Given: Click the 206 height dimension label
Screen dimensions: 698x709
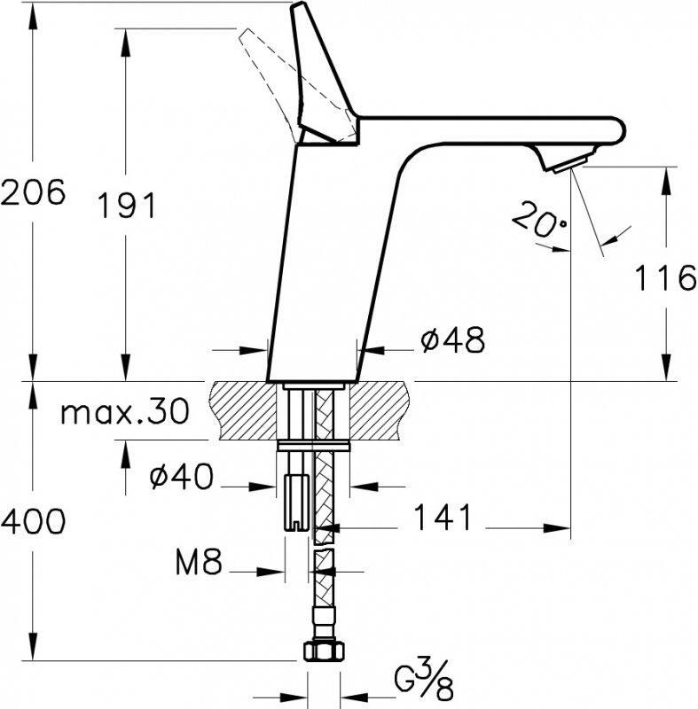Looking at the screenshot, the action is point(33,192).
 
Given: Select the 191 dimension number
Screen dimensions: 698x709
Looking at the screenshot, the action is point(127,206).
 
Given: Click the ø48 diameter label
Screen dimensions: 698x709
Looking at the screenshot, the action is point(452,339).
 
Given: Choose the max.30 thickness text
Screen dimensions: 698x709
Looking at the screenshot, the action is point(125,411).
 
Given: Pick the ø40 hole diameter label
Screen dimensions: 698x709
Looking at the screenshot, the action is point(181,476).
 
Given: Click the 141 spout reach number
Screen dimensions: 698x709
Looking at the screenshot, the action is point(443,517).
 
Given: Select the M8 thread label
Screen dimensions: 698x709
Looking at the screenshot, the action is point(199,561).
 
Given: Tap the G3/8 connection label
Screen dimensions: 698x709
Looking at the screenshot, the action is point(422,684).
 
